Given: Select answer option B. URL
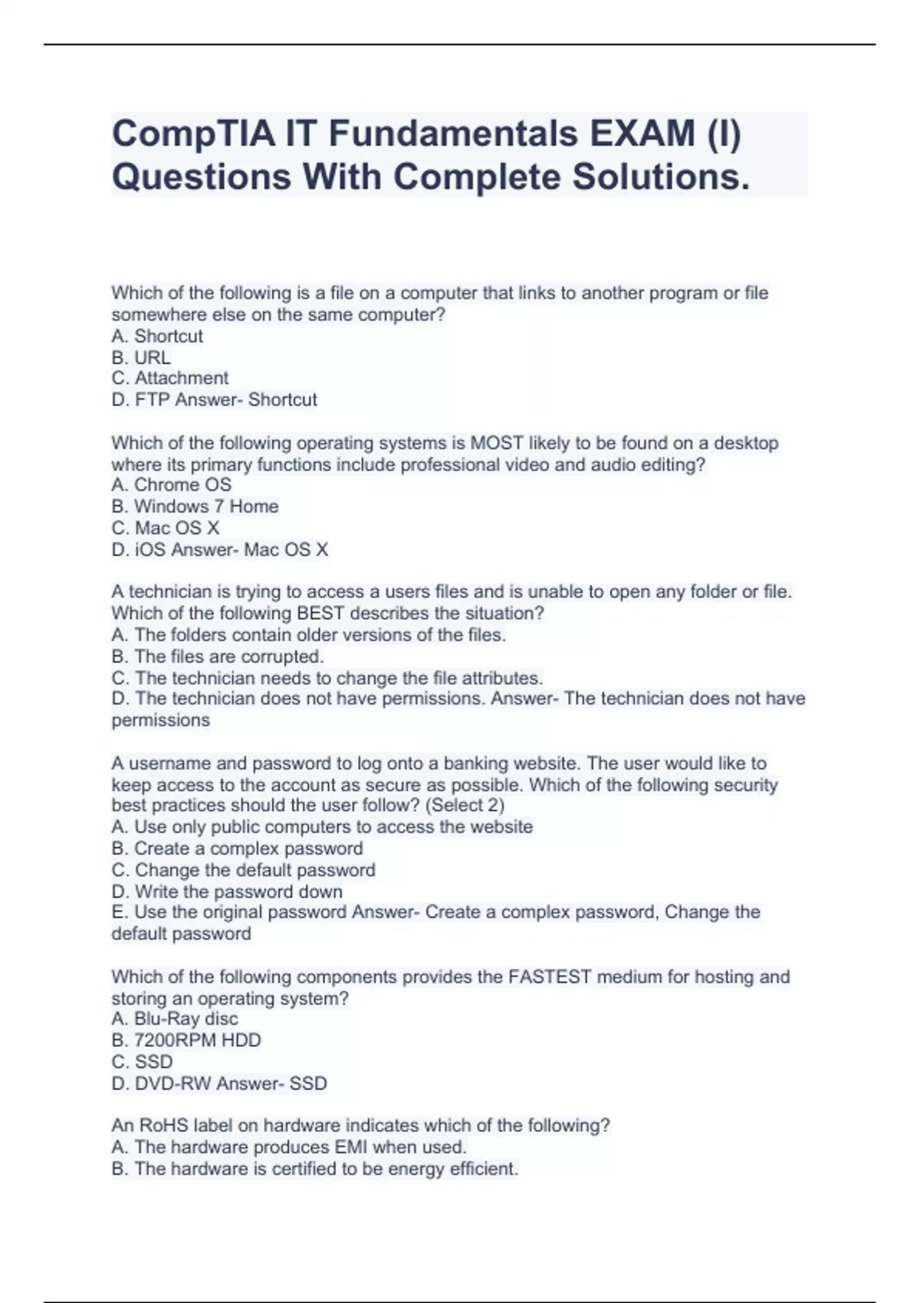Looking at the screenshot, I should coord(141,357).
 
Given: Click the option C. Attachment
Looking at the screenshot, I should coord(169,378).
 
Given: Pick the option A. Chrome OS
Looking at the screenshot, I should coord(171,484).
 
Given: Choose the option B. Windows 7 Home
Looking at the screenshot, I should coord(195,506).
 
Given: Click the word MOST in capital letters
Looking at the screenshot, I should coord(496,443).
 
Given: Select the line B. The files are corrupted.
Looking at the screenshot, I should coord(217,656).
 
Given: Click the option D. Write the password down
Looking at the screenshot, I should coord(227,891).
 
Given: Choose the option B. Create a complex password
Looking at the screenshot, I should coord(237,848).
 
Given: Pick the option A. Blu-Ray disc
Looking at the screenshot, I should coord(175,1019).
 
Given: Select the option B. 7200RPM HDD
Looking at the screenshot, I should coord(186,1040).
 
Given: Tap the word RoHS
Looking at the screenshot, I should coord(158,1125).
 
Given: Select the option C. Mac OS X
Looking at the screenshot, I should coord(166,527).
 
